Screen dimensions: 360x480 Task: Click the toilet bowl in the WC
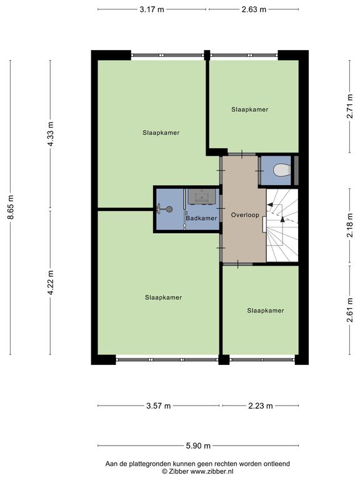coord(282,170)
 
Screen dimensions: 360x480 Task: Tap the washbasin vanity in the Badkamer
coord(202,196)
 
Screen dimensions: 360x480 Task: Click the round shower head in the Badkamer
coord(169,209)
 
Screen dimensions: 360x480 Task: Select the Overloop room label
coord(245,215)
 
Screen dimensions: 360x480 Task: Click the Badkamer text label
coord(201,218)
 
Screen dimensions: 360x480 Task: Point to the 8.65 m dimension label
coord(11,207)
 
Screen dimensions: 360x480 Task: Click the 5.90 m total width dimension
coord(198,446)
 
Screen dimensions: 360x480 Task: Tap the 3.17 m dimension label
coord(152,9)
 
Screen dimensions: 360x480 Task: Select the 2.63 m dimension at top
coord(254,9)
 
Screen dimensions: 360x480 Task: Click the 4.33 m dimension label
coord(51,134)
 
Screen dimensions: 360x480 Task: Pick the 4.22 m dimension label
coord(51,282)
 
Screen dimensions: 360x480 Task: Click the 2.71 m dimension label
coord(350,106)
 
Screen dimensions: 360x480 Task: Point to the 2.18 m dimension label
coord(350,225)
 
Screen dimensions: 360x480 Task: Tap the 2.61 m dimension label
coord(350,310)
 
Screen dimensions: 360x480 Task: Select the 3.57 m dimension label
coord(158,406)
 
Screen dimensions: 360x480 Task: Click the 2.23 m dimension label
coord(260,406)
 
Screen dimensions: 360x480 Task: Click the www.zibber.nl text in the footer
coord(212,471)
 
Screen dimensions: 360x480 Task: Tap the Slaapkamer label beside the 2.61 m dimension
coord(266,311)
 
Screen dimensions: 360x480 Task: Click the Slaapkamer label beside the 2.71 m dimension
coord(250,109)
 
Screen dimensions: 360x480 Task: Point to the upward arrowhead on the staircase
coord(282,219)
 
